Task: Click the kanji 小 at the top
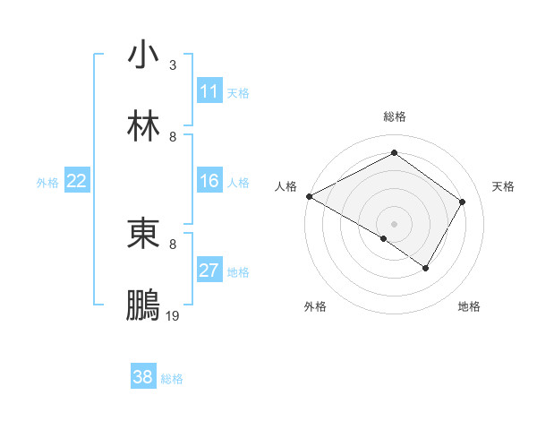click(144, 56)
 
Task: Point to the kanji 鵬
click(144, 305)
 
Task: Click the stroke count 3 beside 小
click(173, 65)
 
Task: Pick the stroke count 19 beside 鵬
click(174, 316)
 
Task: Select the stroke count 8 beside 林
click(173, 137)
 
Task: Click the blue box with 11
click(209, 91)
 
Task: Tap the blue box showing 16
click(209, 181)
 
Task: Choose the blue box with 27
click(209, 271)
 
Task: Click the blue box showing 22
click(77, 181)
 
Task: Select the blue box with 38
click(143, 377)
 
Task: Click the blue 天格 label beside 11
click(238, 92)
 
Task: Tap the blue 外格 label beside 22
click(47, 182)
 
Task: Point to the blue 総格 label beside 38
click(172, 378)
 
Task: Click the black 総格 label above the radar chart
click(395, 116)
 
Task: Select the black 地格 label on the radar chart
click(469, 306)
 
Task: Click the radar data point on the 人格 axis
click(309, 195)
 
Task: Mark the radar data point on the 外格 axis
click(384, 238)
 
